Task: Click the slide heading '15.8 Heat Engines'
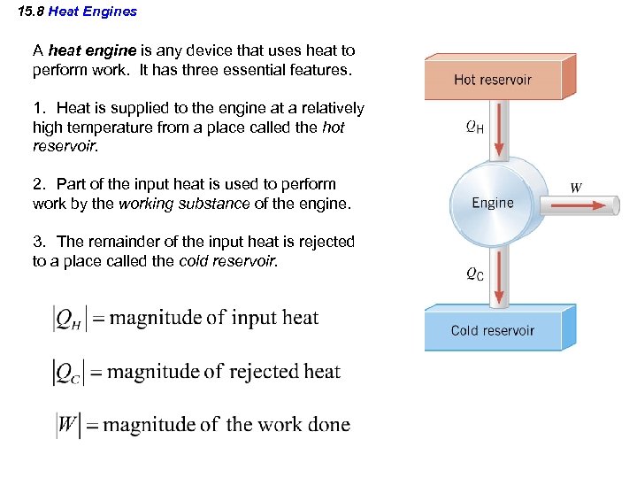78,12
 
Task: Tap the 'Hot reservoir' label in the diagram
493,79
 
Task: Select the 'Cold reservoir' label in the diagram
493,330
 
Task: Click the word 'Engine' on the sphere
493,203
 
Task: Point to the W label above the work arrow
576,188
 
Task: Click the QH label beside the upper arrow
474,127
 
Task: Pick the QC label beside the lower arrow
474,274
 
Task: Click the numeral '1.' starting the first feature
39,108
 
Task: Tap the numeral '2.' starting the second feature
39,184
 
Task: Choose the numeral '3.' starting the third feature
39,242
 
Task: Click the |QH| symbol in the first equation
67,319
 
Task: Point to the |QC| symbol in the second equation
67,373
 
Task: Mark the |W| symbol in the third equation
68,425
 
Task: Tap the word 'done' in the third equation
327,424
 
